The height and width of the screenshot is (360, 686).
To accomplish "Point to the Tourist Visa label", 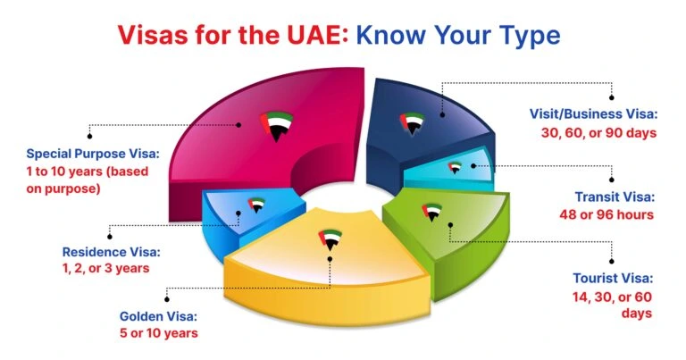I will (614, 278).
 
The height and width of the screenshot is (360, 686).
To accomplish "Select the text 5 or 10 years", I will (159, 334).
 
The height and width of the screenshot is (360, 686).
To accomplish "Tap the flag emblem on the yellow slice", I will (330, 239).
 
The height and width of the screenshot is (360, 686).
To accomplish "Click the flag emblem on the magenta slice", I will (277, 125).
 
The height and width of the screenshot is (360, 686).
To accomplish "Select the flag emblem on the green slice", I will (451, 206).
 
